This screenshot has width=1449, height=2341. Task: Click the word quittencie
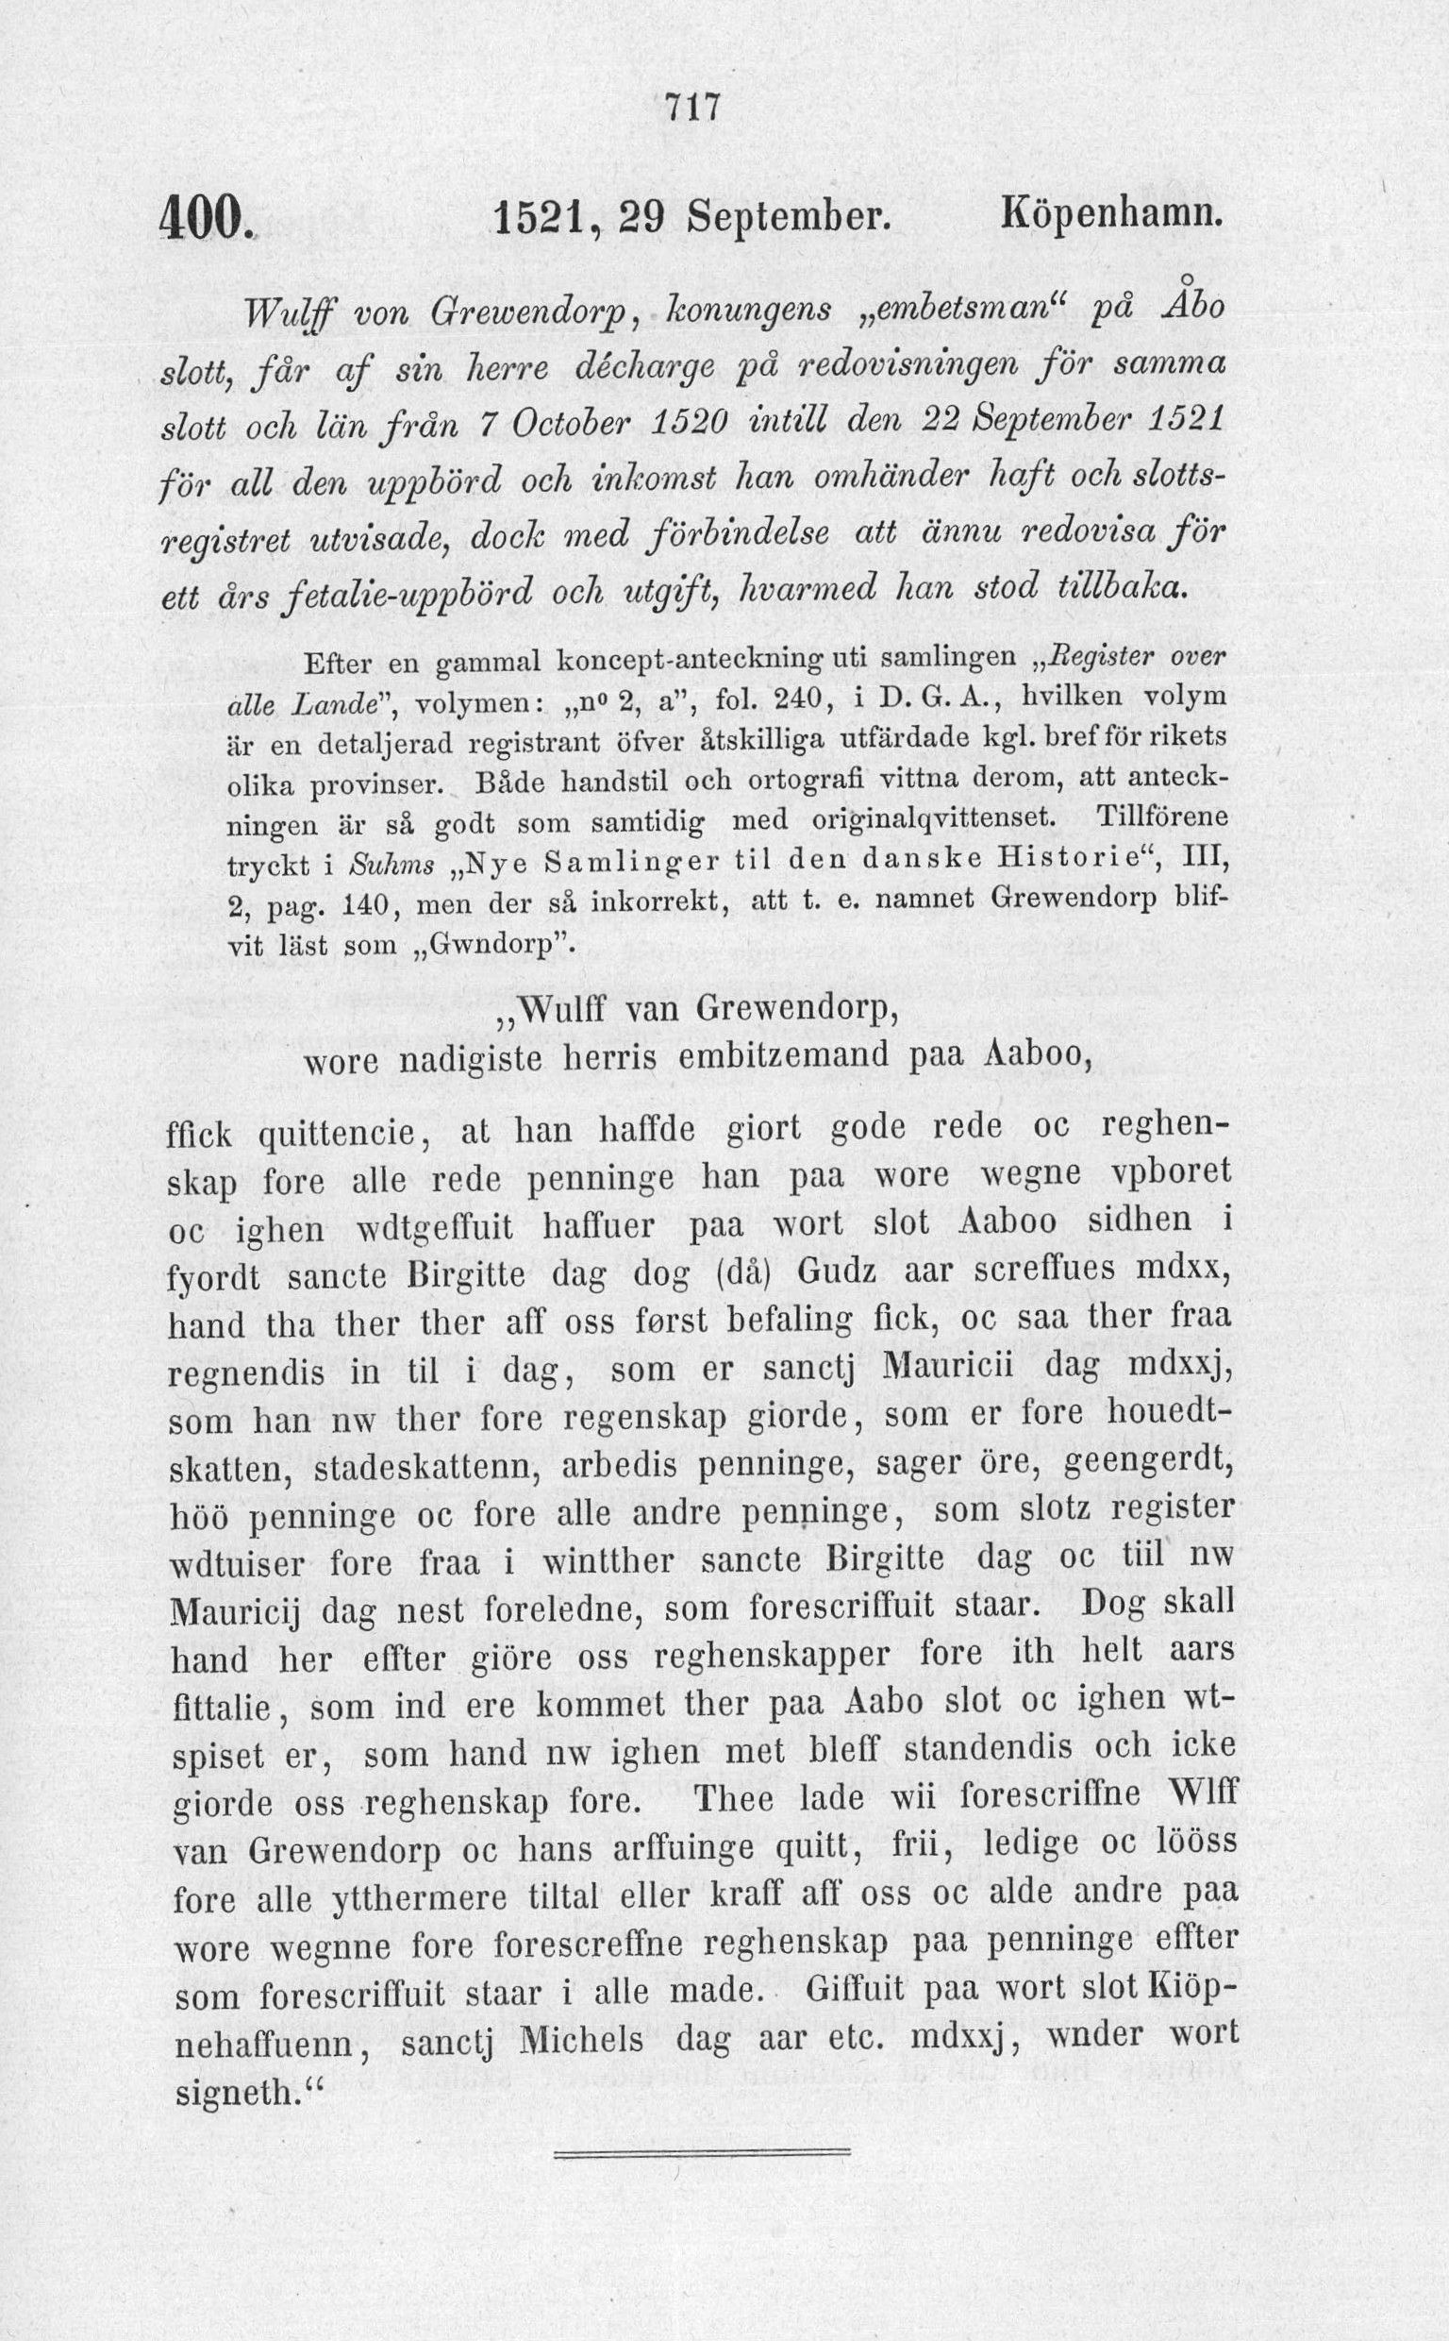click(340, 1135)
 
